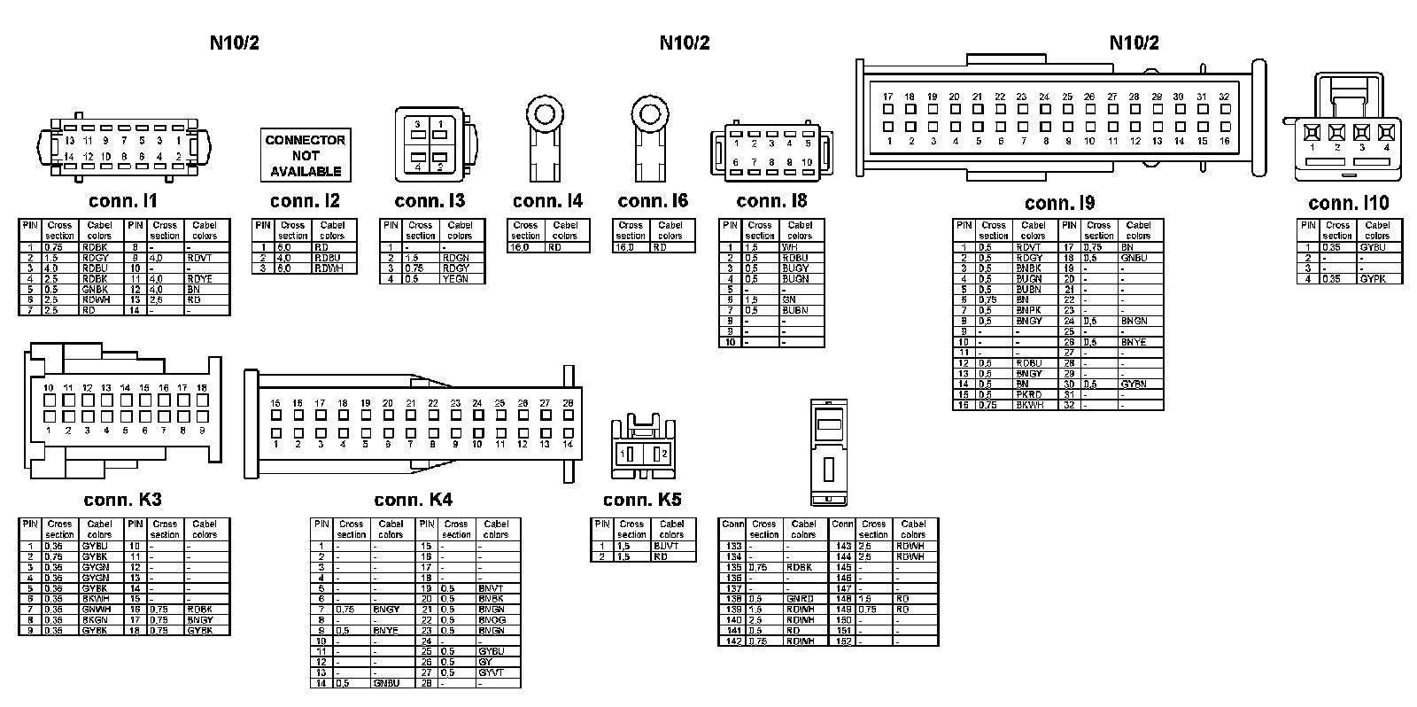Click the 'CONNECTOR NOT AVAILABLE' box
tap(306, 155)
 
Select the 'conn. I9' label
tap(1059, 204)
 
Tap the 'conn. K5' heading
tap(642, 501)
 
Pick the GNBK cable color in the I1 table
tap(95, 290)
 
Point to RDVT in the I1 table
tap(201, 258)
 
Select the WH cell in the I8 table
tap(791, 247)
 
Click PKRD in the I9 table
tap(1029, 395)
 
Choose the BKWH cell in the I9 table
tap(1029, 406)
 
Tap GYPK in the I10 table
tap(1374, 279)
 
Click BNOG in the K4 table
tap(492, 620)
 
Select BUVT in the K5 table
tap(666, 547)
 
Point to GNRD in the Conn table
tap(801, 599)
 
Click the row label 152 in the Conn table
tap(843, 641)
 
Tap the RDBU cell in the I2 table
tap(328, 258)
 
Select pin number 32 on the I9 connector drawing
tap(1224, 97)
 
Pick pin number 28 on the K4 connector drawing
tap(568, 403)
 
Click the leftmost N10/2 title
tap(235, 43)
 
